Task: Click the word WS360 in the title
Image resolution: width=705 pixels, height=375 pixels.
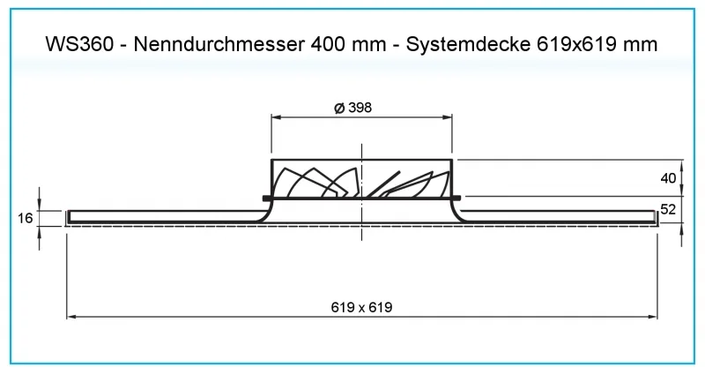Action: coord(79,44)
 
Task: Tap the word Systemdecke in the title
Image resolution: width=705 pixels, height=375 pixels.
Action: coord(468,45)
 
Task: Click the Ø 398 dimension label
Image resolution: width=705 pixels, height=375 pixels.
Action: coord(353,108)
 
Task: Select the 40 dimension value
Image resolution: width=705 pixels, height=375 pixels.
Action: coord(668,178)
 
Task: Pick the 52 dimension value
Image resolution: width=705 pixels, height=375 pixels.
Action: coord(668,209)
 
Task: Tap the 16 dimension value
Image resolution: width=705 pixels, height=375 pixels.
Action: coord(26,218)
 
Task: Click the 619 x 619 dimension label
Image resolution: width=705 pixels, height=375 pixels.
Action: coord(361,307)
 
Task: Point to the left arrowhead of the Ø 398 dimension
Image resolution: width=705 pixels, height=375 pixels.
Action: coord(276,117)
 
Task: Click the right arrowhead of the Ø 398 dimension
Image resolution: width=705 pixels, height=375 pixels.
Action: coord(448,117)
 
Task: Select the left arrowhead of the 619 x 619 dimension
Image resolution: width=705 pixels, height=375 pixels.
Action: coord(71,317)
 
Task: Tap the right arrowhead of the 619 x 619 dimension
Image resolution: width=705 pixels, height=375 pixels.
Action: coord(652,317)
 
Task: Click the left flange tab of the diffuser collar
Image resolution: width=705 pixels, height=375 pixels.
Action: coord(267,198)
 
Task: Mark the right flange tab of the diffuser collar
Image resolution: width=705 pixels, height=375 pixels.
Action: coord(456,197)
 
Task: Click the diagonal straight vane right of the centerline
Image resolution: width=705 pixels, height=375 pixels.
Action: coord(382,184)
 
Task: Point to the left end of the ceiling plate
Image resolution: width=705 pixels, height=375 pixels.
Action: coord(68,217)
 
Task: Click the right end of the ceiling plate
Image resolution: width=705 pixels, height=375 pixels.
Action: coord(656,217)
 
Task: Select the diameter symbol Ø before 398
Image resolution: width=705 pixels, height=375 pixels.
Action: coord(339,108)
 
